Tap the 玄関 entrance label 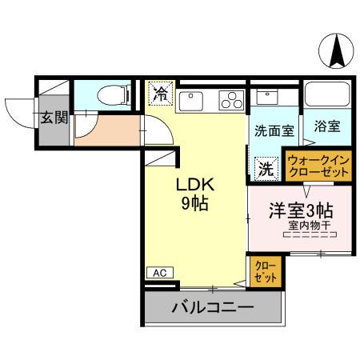tap(54, 118)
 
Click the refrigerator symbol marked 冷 tap(161, 93)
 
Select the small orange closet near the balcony tap(264, 271)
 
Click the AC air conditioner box tap(160, 273)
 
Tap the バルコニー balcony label tap(212, 308)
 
